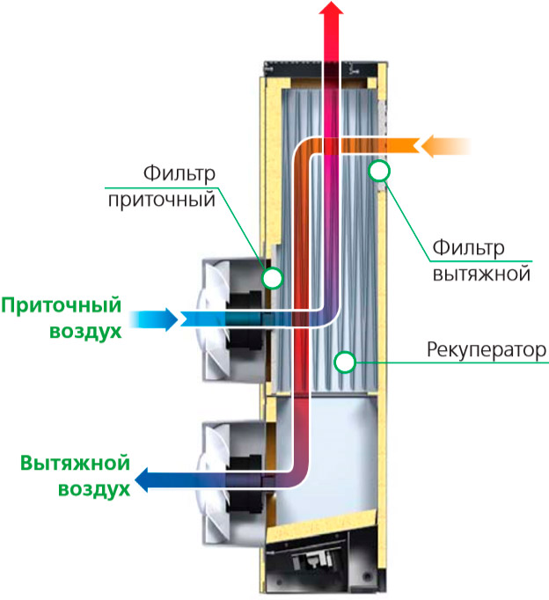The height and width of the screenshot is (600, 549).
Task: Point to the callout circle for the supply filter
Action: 273,279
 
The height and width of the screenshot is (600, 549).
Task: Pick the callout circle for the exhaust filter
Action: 379,170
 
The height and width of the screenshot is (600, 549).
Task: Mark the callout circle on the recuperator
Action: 344,361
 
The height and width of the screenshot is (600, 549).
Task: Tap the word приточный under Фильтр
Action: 162,200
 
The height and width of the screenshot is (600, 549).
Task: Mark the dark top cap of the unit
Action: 322,66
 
